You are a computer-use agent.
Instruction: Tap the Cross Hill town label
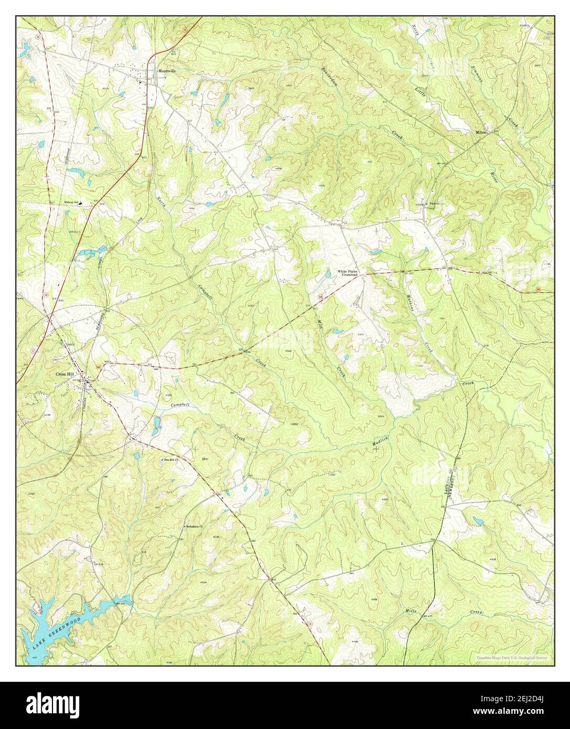click(x=65, y=374)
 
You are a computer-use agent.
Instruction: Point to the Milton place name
click(x=481, y=133)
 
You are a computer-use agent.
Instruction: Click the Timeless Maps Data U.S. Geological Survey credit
click(x=514, y=658)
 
